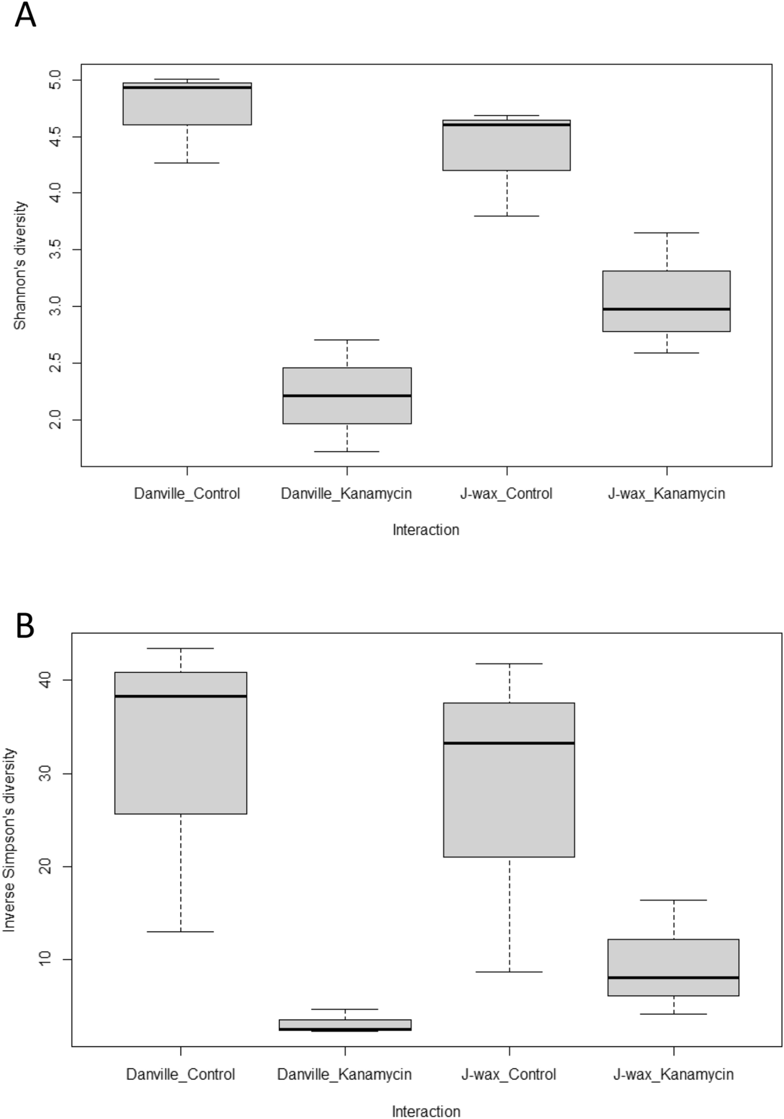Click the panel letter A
tap(25, 15)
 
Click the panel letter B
tap(25, 626)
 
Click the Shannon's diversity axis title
tap(20, 265)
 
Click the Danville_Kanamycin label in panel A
tap(346, 494)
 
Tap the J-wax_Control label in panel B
tap(508, 1074)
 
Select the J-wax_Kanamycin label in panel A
tap(666, 494)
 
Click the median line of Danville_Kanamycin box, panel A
tap(347, 395)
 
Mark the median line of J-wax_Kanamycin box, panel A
tap(666, 309)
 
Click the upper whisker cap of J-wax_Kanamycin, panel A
tap(666, 233)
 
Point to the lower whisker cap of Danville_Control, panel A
tap(187, 163)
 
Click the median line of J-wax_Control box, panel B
tap(508, 743)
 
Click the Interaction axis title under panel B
tap(426, 1111)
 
